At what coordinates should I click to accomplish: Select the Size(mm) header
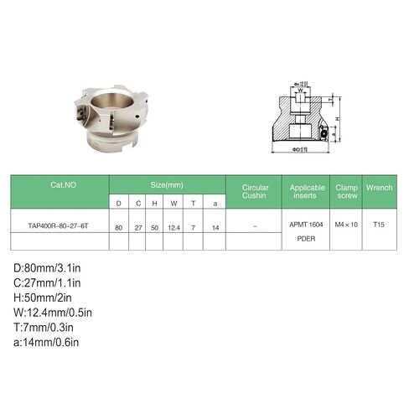pos(168,184)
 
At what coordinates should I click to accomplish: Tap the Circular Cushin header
pos(255,192)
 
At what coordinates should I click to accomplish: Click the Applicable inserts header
pos(307,192)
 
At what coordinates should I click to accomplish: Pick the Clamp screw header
pos(346,192)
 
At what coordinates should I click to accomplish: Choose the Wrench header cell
pos(379,188)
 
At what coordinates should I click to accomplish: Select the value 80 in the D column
pos(118,226)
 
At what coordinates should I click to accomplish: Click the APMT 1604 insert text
pos(307,225)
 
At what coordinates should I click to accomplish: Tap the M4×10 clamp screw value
pos(346,225)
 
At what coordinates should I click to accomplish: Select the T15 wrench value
pos(379,225)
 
